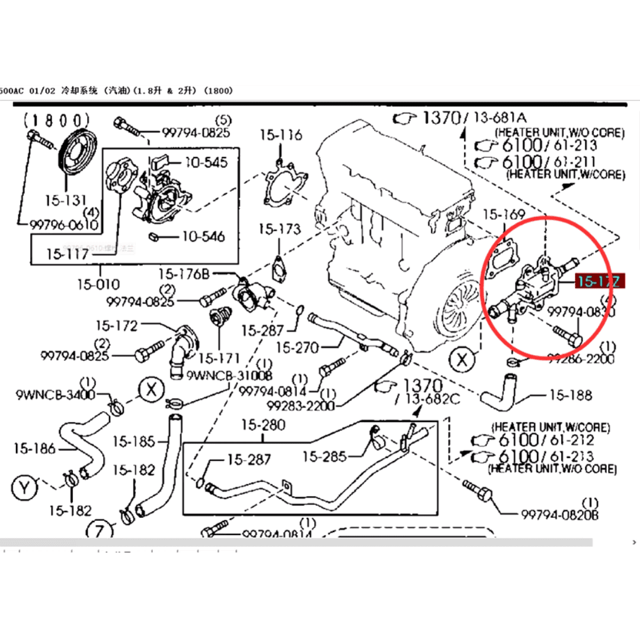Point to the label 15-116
click(280, 136)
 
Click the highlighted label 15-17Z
click(598, 282)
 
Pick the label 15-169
click(504, 215)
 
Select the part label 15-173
click(280, 228)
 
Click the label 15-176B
click(184, 274)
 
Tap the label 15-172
click(116, 325)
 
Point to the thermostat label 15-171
click(219, 358)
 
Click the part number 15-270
click(297, 347)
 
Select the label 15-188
click(571, 395)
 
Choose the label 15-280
click(263, 425)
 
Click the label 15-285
click(325, 456)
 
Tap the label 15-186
click(34, 449)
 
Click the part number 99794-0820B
click(560, 514)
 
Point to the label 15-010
click(98, 284)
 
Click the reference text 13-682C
click(432, 399)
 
